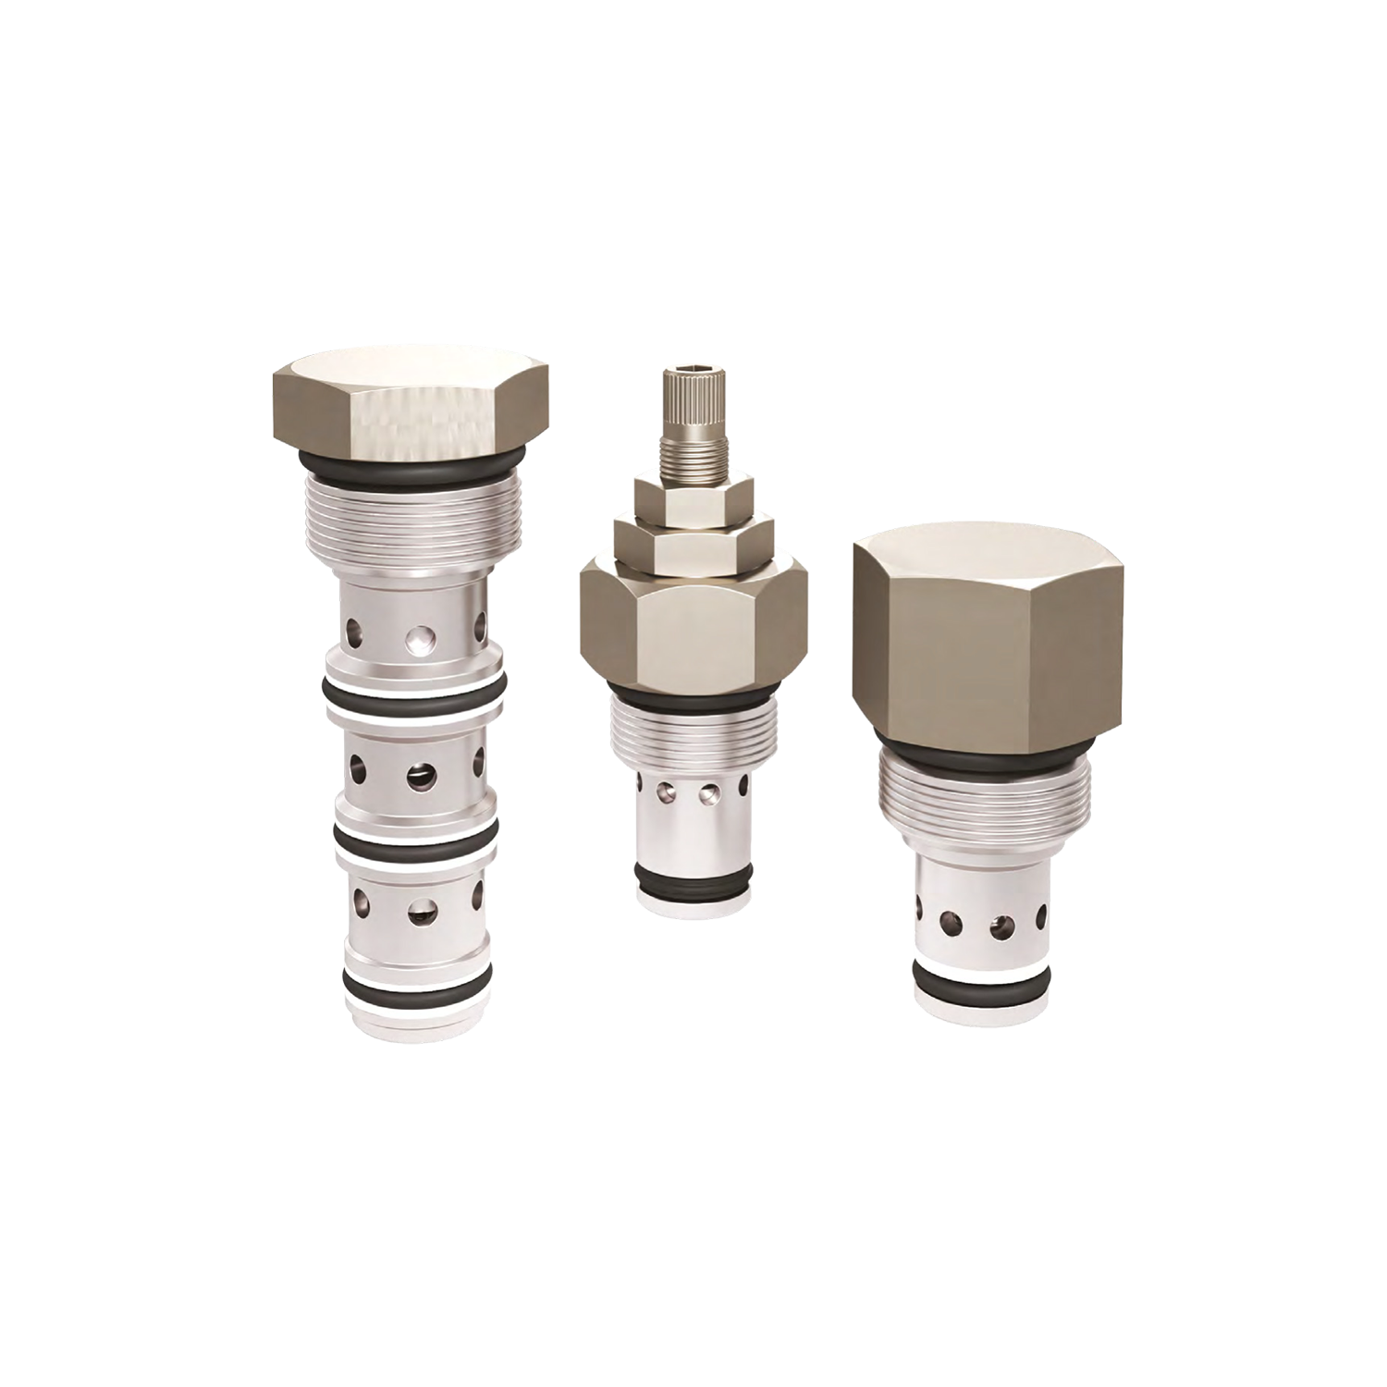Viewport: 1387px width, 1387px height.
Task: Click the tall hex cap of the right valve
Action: point(988,638)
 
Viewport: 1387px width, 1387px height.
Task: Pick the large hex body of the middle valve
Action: point(693,629)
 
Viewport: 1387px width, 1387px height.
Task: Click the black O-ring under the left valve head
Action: point(411,460)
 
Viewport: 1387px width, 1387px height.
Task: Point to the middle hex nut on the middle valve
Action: point(693,546)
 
